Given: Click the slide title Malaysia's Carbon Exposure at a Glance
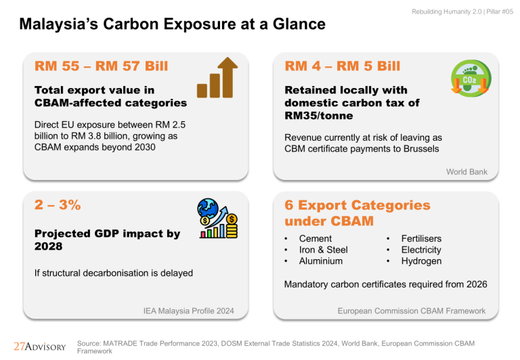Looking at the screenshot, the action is [x=173, y=24].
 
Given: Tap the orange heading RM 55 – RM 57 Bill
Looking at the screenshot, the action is [x=101, y=66].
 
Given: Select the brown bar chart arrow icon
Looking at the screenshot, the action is [x=217, y=78].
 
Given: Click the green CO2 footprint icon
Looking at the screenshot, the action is [x=471, y=78].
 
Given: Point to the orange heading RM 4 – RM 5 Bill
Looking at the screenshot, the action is [x=342, y=66].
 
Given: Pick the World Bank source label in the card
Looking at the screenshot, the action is [x=467, y=172].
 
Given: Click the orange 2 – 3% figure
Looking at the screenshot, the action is [x=58, y=205].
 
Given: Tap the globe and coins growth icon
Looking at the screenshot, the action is [x=217, y=219].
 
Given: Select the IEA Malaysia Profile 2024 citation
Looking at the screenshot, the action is [x=188, y=311].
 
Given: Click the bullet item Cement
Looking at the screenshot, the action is [x=316, y=239].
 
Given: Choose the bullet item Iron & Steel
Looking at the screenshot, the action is [x=324, y=250].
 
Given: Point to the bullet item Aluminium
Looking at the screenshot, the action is [x=321, y=261].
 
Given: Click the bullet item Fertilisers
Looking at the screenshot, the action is [x=421, y=239].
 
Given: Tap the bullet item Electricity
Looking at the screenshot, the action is [x=421, y=250].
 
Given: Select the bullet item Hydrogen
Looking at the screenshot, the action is [x=421, y=261].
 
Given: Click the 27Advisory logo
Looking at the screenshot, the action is [x=40, y=346].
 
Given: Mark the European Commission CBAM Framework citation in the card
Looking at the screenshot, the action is [x=412, y=311].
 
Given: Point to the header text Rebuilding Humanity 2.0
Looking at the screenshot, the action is [x=447, y=12].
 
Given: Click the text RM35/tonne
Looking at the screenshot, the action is [x=319, y=116].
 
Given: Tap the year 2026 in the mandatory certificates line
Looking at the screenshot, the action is [x=477, y=284].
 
